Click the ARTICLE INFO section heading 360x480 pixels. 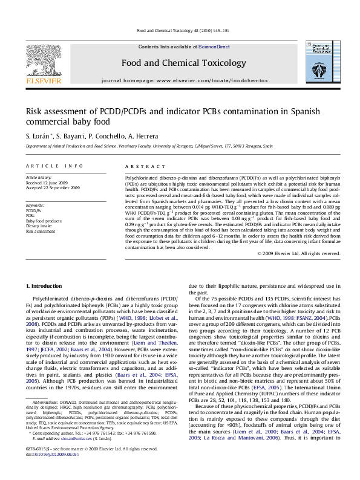[x=45, y=165]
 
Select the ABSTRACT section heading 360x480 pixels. [x=138, y=165]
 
